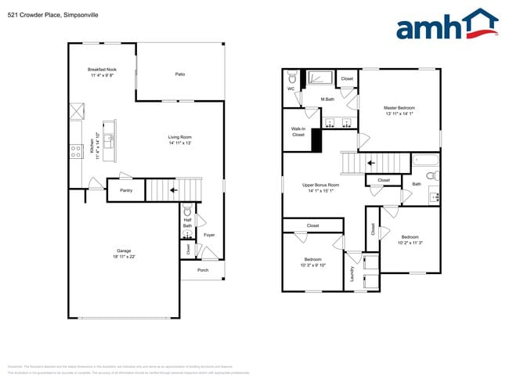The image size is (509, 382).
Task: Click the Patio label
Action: pyautogui.click(x=179, y=74)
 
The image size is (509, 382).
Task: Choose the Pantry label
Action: pyautogui.click(x=125, y=190)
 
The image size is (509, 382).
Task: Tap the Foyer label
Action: pyautogui.click(x=209, y=235)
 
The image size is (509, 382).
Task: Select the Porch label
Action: pyautogui.click(x=203, y=270)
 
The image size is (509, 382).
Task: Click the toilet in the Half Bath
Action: pyautogui.click(x=187, y=211)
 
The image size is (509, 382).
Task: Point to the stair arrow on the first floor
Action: pyautogui.click(x=174, y=189)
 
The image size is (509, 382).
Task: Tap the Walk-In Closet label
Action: pyautogui.click(x=298, y=132)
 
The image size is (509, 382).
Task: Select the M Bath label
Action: pyautogui.click(x=328, y=99)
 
